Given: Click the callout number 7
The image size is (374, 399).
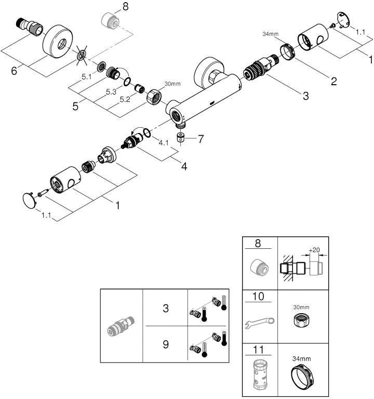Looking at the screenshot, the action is pos(201,139).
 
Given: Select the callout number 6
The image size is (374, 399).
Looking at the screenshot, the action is pos(14,71).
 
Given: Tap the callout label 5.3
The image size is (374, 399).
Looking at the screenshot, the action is pos(111,92).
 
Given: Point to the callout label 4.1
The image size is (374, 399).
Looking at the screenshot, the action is pos(164,143).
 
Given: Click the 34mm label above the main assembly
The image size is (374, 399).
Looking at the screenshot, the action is pos(270,34).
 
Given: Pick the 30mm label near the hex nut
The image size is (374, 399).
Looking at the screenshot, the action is pos(172,84).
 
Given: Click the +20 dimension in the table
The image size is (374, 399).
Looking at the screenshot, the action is pos(314,250).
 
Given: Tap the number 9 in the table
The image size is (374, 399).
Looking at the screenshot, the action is pos(166,344).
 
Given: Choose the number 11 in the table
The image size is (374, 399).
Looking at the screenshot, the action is pos(258,349).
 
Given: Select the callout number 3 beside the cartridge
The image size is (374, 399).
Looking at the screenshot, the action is pos(306,96).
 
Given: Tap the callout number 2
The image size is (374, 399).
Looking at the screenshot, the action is pos(333,81).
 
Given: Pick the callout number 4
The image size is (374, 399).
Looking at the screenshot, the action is pos(184,166).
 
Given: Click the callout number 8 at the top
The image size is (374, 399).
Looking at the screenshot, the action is pos(125,7).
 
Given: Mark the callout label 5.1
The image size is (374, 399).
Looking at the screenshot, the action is pos(87,77).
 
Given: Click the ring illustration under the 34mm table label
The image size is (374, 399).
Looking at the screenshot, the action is pos(302,377).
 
